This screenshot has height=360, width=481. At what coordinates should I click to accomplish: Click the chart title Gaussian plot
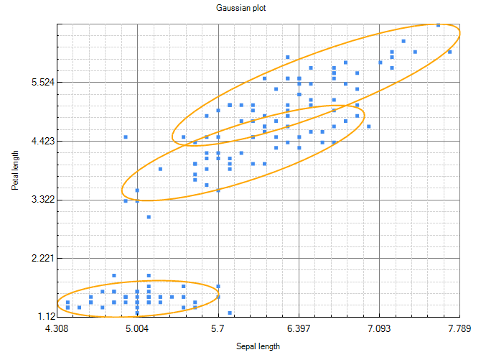tap(240, 8)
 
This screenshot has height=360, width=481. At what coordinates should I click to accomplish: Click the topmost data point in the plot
tap(438, 25)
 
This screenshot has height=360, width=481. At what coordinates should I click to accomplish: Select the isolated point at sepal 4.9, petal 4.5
tap(126, 137)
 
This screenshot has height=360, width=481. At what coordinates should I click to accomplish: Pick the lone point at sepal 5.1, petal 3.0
tap(149, 216)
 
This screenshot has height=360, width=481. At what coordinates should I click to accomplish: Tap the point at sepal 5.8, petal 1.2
tap(230, 313)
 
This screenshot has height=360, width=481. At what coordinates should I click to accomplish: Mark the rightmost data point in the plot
tap(449, 52)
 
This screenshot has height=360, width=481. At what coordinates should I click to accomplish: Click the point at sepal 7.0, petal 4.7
tap(368, 126)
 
